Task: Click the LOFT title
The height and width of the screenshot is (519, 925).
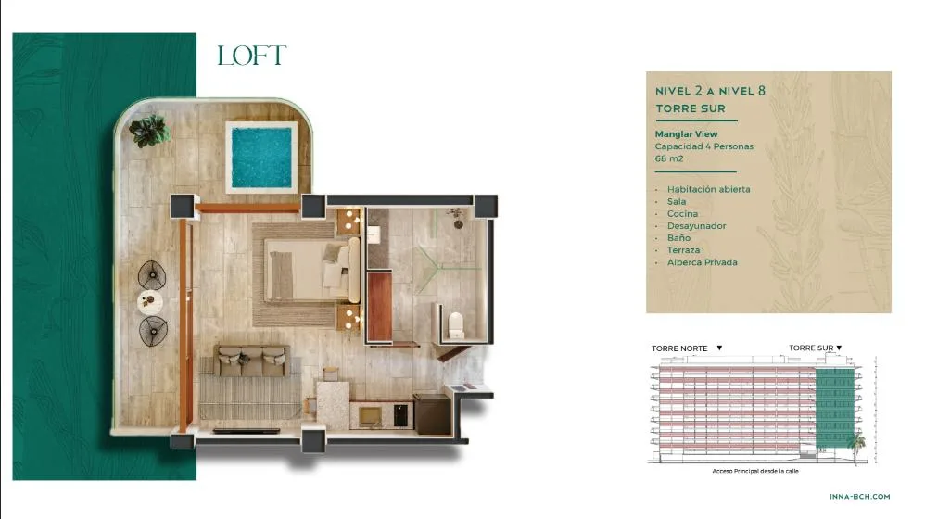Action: pos(252,56)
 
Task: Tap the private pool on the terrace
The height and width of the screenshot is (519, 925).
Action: pos(261,158)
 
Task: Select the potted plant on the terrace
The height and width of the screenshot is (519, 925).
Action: pos(150,131)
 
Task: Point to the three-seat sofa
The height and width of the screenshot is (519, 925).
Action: pos(252,361)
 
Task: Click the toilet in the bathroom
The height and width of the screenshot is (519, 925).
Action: pos(456,325)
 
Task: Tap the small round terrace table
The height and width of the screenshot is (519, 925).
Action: pos(150,302)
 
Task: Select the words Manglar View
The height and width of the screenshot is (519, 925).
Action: pos(686,133)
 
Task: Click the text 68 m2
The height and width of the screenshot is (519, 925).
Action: pos(669,158)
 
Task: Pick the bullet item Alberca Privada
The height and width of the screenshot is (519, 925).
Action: pos(702,262)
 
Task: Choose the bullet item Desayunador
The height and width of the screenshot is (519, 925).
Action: pos(697,226)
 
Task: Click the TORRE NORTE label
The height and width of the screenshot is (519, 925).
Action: pos(679,348)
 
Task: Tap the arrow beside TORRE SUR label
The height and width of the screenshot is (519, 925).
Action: pos(839,348)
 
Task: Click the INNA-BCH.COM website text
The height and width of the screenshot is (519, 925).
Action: pos(859,497)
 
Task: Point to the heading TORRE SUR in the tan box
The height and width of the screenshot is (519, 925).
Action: pos(691,108)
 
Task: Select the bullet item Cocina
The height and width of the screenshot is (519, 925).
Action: pos(682,213)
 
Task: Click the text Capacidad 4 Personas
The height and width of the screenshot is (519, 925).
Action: pos(703,146)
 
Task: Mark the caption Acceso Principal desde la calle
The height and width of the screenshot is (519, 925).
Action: pos(755,471)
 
